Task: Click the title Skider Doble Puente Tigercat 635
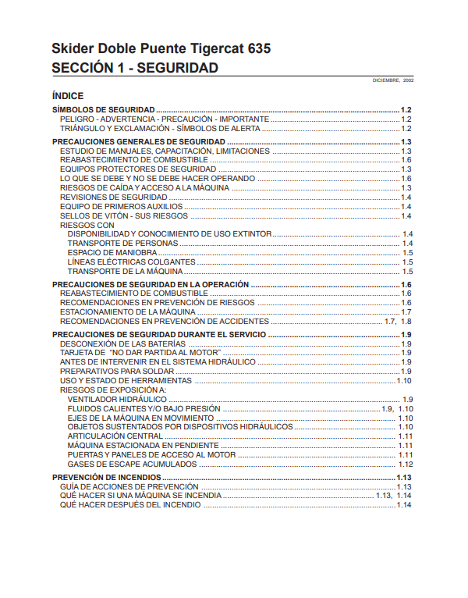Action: [x=161, y=48]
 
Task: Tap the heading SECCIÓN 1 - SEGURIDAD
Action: [x=134, y=68]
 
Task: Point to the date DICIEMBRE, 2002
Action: [x=393, y=80]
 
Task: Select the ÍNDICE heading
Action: [x=67, y=96]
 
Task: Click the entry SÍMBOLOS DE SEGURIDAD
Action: [x=103, y=110]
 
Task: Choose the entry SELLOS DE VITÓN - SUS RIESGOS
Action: [x=124, y=215]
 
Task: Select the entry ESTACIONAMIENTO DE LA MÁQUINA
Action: [x=128, y=311]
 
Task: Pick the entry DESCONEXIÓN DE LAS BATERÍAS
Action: [x=122, y=343]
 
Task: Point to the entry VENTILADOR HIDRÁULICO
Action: [x=116, y=399]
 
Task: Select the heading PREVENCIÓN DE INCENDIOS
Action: [x=106, y=477]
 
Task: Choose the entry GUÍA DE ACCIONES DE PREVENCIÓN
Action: [x=129, y=486]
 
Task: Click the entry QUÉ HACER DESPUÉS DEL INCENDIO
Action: [x=130, y=505]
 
